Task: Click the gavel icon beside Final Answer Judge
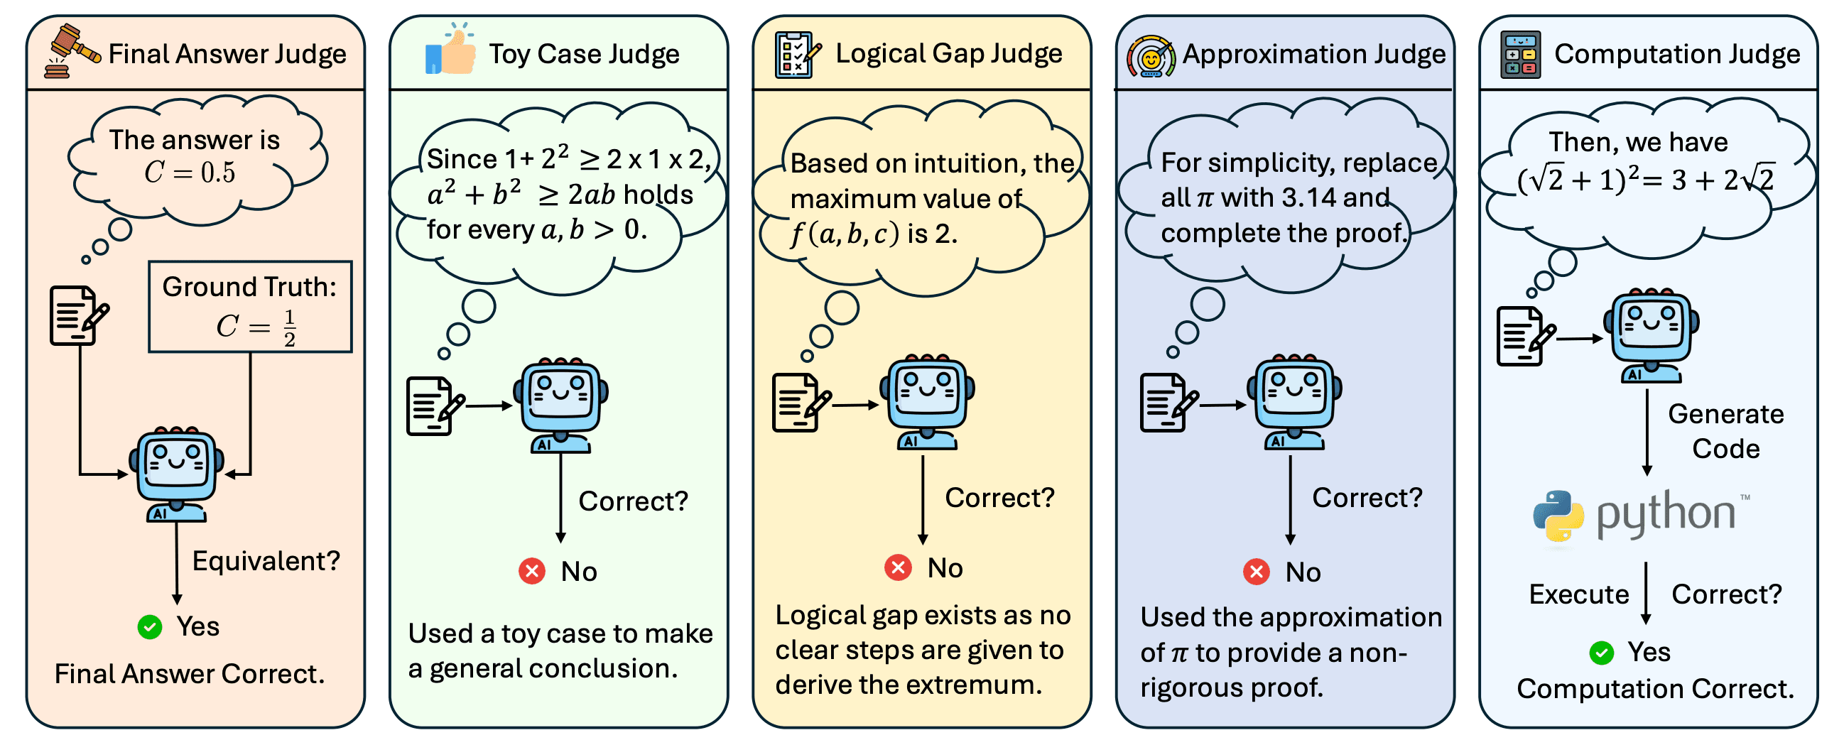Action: click(72, 51)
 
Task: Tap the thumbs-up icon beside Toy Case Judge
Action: click(450, 49)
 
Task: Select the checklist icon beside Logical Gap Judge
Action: click(798, 54)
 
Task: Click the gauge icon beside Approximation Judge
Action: click(1150, 56)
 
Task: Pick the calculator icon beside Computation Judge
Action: click(1520, 55)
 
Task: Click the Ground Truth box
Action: click(250, 306)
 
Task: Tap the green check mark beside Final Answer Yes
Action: click(150, 627)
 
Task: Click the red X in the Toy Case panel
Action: click(532, 571)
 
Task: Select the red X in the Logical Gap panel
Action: click(898, 567)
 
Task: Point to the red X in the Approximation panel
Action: click(1257, 572)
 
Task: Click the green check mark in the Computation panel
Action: click(1601, 653)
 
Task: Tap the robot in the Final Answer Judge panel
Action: click(176, 474)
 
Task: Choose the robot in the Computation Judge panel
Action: click(1651, 336)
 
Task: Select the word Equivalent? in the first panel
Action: click(266, 562)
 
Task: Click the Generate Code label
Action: click(1726, 431)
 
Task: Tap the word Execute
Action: click(1579, 594)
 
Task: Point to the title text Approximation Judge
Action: click(1314, 55)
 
